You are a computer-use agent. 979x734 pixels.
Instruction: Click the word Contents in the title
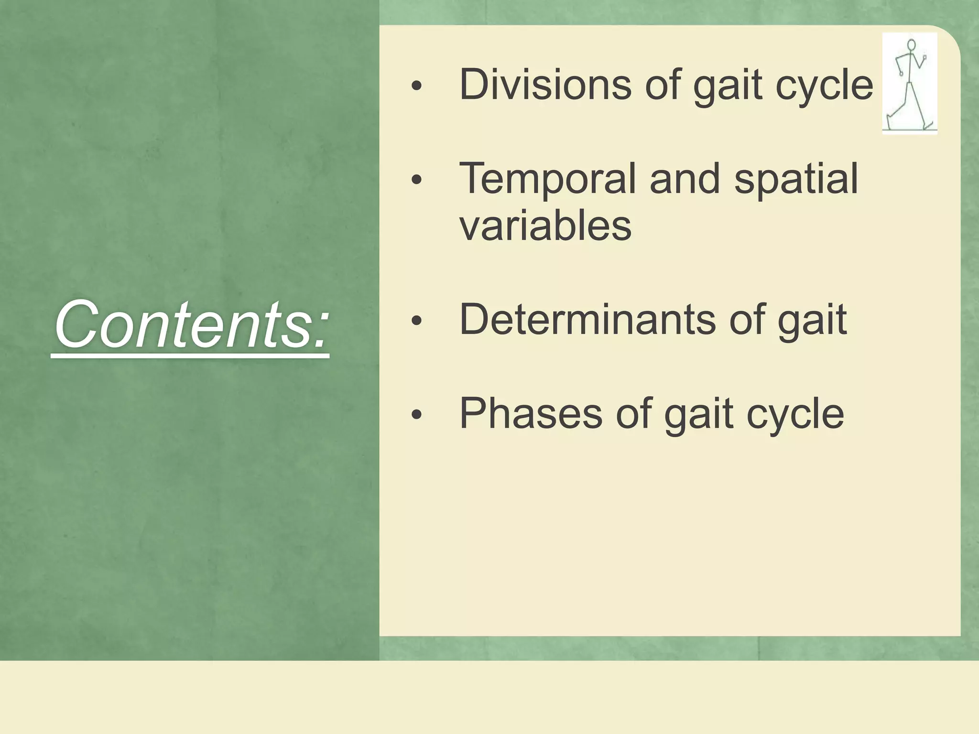pyautogui.click(x=182, y=325)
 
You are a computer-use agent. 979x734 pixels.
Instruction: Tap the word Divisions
pyautogui.click(x=545, y=85)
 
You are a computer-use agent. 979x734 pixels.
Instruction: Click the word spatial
pyautogui.click(x=796, y=179)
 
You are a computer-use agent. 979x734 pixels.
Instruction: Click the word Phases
pyautogui.click(x=531, y=413)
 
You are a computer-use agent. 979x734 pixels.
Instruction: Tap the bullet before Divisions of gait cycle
pyautogui.click(x=417, y=86)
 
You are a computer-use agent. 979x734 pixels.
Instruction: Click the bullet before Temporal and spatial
pyautogui.click(x=417, y=180)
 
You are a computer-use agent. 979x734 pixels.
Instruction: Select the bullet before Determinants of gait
pyautogui.click(x=417, y=321)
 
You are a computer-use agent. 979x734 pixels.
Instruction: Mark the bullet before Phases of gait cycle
pyautogui.click(x=417, y=415)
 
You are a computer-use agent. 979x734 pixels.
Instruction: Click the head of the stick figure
pyautogui.click(x=911, y=45)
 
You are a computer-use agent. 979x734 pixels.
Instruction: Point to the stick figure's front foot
pyautogui.click(x=890, y=122)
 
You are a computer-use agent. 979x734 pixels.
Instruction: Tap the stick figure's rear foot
pyautogui.click(x=928, y=126)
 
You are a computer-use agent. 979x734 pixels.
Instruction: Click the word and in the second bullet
pyautogui.click(x=684, y=179)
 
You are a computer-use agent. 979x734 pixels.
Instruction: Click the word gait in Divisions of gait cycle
pyautogui.click(x=728, y=86)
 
